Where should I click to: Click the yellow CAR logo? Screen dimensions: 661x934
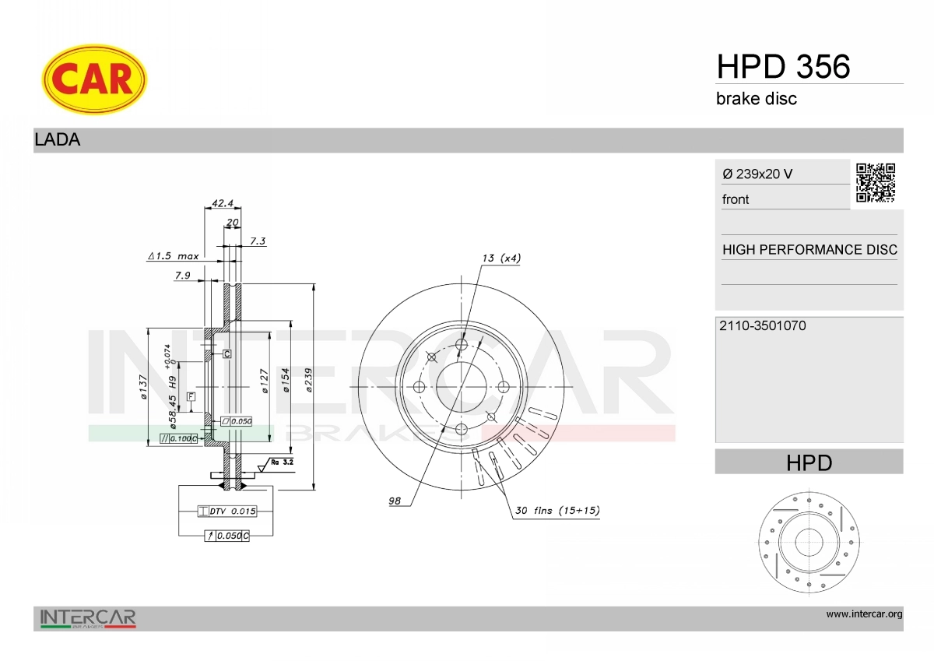click(93, 79)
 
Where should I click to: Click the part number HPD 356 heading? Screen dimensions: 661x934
click(782, 67)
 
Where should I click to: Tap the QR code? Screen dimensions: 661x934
click(876, 183)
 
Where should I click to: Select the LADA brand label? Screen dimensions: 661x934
click(58, 140)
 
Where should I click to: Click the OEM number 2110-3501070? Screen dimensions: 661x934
click(764, 325)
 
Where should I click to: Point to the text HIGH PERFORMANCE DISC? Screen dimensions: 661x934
click(809, 250)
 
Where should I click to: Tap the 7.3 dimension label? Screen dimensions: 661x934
click(258, 241)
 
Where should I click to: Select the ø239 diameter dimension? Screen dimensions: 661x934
click(309, 381)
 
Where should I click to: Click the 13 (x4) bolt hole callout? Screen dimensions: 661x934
click(501, 258)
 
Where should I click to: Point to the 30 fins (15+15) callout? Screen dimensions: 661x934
click(557, 511)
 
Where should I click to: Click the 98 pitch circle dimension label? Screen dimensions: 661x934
click(395, 501)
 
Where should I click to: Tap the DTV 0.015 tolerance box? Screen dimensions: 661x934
click(226, 512)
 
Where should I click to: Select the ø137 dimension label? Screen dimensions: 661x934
click(143, 387)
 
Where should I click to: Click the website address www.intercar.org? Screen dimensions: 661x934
click(864, 614)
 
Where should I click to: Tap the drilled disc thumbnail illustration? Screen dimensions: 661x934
click(809, 541)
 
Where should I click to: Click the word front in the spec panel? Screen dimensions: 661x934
click(735, 199)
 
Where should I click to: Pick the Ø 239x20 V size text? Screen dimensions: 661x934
click(757, 174)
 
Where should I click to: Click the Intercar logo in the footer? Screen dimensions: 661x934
click(88, 618)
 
